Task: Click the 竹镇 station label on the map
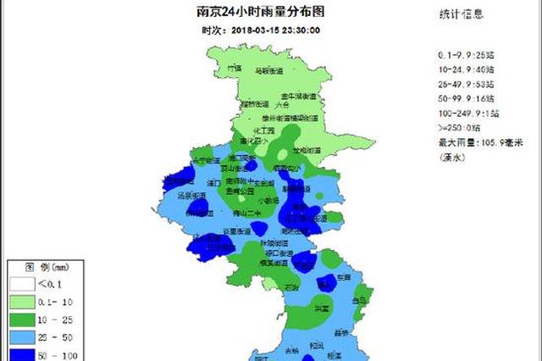[x=234, y=67]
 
